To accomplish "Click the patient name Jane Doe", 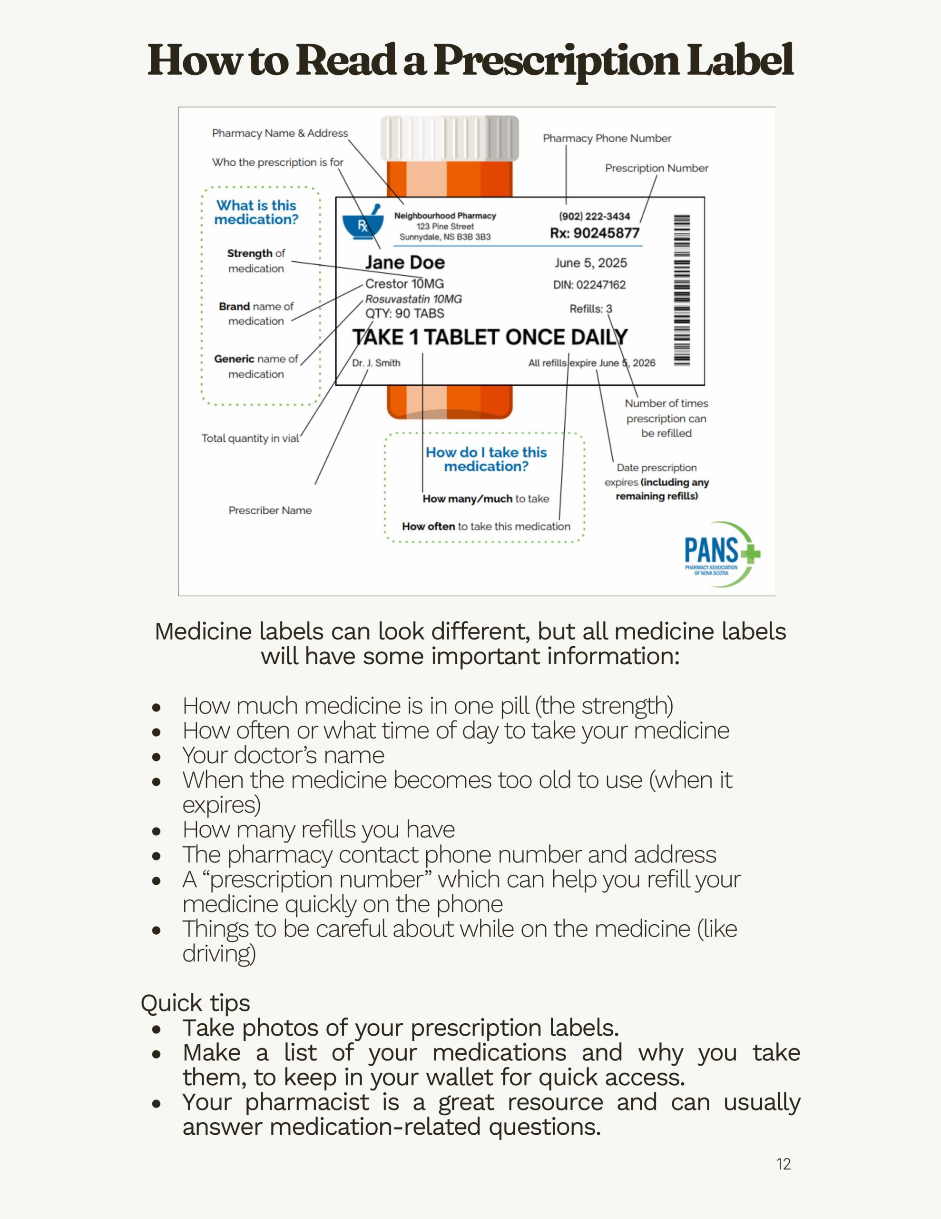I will [404, 262].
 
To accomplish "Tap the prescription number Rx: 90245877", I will [595, 233].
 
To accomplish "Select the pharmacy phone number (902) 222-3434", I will [594, 216].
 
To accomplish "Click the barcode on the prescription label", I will [682, 290].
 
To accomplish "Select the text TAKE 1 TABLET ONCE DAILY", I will [489, 337].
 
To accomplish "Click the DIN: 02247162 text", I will [589, 285].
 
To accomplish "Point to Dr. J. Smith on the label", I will [376, 363].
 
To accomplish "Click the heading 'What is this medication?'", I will [256, 213].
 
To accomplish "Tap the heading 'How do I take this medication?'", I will [486, 460].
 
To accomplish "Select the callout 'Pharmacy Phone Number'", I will [607, 139].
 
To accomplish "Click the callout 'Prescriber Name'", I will [270, 510].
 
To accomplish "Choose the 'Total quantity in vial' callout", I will [250, 438].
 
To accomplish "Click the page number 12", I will [783, 1164].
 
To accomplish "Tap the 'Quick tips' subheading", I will [195, 1003].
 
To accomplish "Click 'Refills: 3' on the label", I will [590, 309].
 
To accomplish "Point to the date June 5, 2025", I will [590, 263].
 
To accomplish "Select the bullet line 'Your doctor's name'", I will [284, 755].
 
